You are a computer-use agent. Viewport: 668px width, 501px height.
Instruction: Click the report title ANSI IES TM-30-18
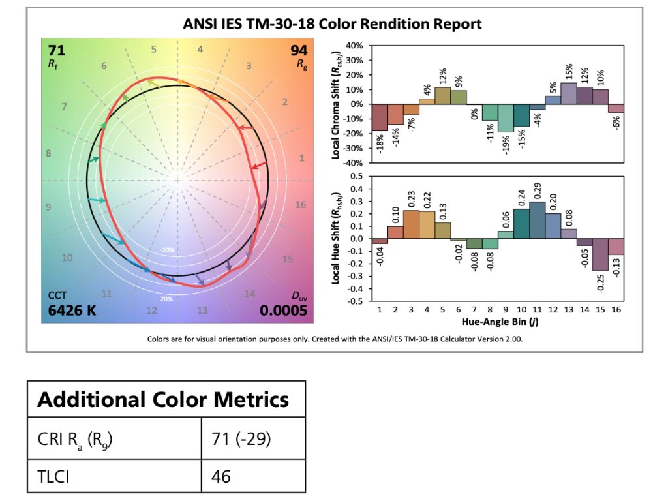333,24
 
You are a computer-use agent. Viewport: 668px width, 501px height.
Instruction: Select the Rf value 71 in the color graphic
55,51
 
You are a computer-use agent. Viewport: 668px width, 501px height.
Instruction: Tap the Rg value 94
299,51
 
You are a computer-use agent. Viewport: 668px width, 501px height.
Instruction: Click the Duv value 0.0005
283,311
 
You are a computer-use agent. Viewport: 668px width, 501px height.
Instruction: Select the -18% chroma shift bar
380,117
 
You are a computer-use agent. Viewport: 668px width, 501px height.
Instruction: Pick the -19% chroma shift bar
506,118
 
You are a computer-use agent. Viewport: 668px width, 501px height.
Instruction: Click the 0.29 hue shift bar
537,220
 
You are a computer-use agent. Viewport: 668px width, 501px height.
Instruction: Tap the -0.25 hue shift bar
600,254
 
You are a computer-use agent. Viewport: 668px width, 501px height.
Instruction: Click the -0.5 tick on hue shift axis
356,301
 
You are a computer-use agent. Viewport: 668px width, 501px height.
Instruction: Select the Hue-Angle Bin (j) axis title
498,322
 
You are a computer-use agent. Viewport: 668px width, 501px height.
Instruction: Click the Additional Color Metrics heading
163,399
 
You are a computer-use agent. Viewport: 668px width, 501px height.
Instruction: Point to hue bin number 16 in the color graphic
300,204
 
